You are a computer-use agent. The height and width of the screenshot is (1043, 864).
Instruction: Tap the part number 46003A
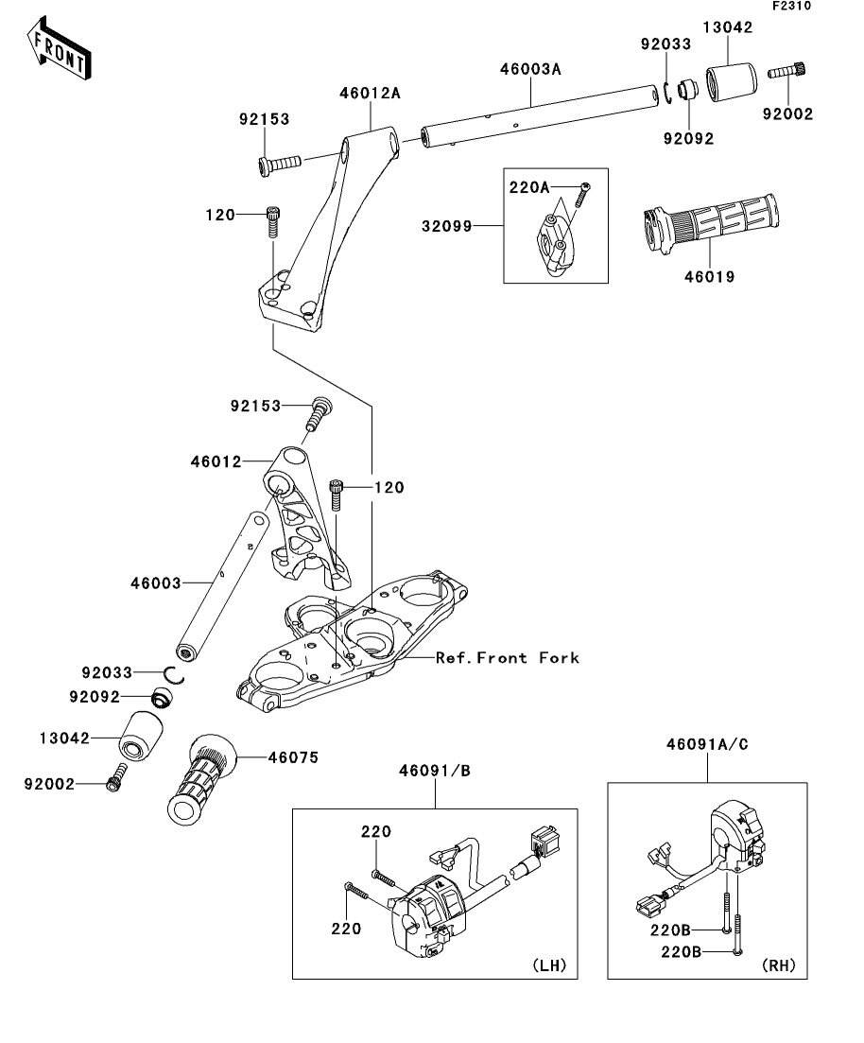coord(530,68)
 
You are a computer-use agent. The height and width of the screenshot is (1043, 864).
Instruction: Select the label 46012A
coord(371,93)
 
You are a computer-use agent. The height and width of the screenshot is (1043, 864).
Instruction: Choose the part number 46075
coord(293,757)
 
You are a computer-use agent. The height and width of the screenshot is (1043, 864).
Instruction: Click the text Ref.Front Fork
coord(507,657)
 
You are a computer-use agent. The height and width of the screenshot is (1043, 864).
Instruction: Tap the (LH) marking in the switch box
coord(549,965)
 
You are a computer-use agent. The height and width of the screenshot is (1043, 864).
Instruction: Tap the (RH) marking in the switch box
coord(779,965)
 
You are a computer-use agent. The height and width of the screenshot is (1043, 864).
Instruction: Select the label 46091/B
coord(434,771)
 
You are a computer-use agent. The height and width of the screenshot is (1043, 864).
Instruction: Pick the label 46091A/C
coord(707,744)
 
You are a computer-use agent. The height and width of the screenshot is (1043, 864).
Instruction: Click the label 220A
coord(529,187)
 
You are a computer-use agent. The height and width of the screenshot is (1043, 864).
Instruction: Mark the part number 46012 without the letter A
coord(216,461)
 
